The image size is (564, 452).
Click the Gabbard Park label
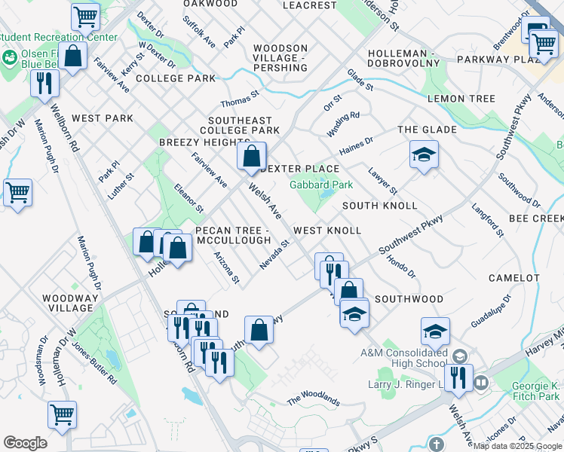tap(321, 185)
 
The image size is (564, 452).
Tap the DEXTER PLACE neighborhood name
tap(299, 169)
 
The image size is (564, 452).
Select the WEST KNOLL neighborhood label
tap(326, 230)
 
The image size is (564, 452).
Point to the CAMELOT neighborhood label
tap(513, 278)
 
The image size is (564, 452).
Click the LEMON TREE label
tap(461, 99)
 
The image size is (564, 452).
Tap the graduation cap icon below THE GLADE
tap(424, 156)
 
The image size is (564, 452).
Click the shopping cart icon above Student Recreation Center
tap(86, 16)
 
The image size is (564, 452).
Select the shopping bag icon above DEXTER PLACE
tap(251, 157)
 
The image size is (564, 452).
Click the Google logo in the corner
tap(25, 443)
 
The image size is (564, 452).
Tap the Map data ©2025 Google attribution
tap(517, 446)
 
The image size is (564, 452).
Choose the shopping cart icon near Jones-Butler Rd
tap(62, 414)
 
